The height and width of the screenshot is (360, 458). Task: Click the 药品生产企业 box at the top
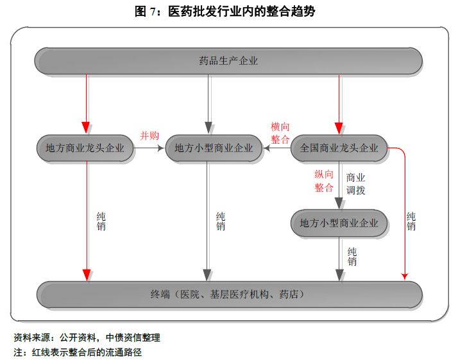click(x=229, y=61)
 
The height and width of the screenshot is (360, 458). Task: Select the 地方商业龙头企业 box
click(x=85, y=148)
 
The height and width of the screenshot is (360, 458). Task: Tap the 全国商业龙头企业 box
click(x=339, y=148)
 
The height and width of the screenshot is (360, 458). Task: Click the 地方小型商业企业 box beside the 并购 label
click(x=214, y=148)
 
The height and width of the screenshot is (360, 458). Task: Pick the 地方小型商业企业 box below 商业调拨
click(x=339, y=223)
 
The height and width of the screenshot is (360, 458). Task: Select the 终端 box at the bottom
click(x=229, y=295)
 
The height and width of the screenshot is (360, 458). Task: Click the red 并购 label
click(x=149, y=135)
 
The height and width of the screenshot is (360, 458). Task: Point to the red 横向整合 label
click(x=280, y=133)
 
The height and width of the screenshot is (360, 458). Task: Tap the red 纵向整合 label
click(x=324, y=181)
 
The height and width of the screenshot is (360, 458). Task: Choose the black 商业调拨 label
click(x=356, y=183)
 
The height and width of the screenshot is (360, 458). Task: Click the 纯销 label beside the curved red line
click(x=411, y=221)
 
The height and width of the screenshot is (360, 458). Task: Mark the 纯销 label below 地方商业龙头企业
click(x=101, y=221)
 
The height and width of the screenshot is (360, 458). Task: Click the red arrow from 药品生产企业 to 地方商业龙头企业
click(x=85, y=103)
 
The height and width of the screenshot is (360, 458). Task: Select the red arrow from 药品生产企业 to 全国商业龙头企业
click(x=339, y=103)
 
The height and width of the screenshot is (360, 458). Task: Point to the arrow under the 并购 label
click(x=149, y=148)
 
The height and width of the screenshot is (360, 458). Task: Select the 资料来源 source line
click(x=87, y=337)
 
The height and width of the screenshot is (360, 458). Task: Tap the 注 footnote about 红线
click(x=78, y=352)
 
